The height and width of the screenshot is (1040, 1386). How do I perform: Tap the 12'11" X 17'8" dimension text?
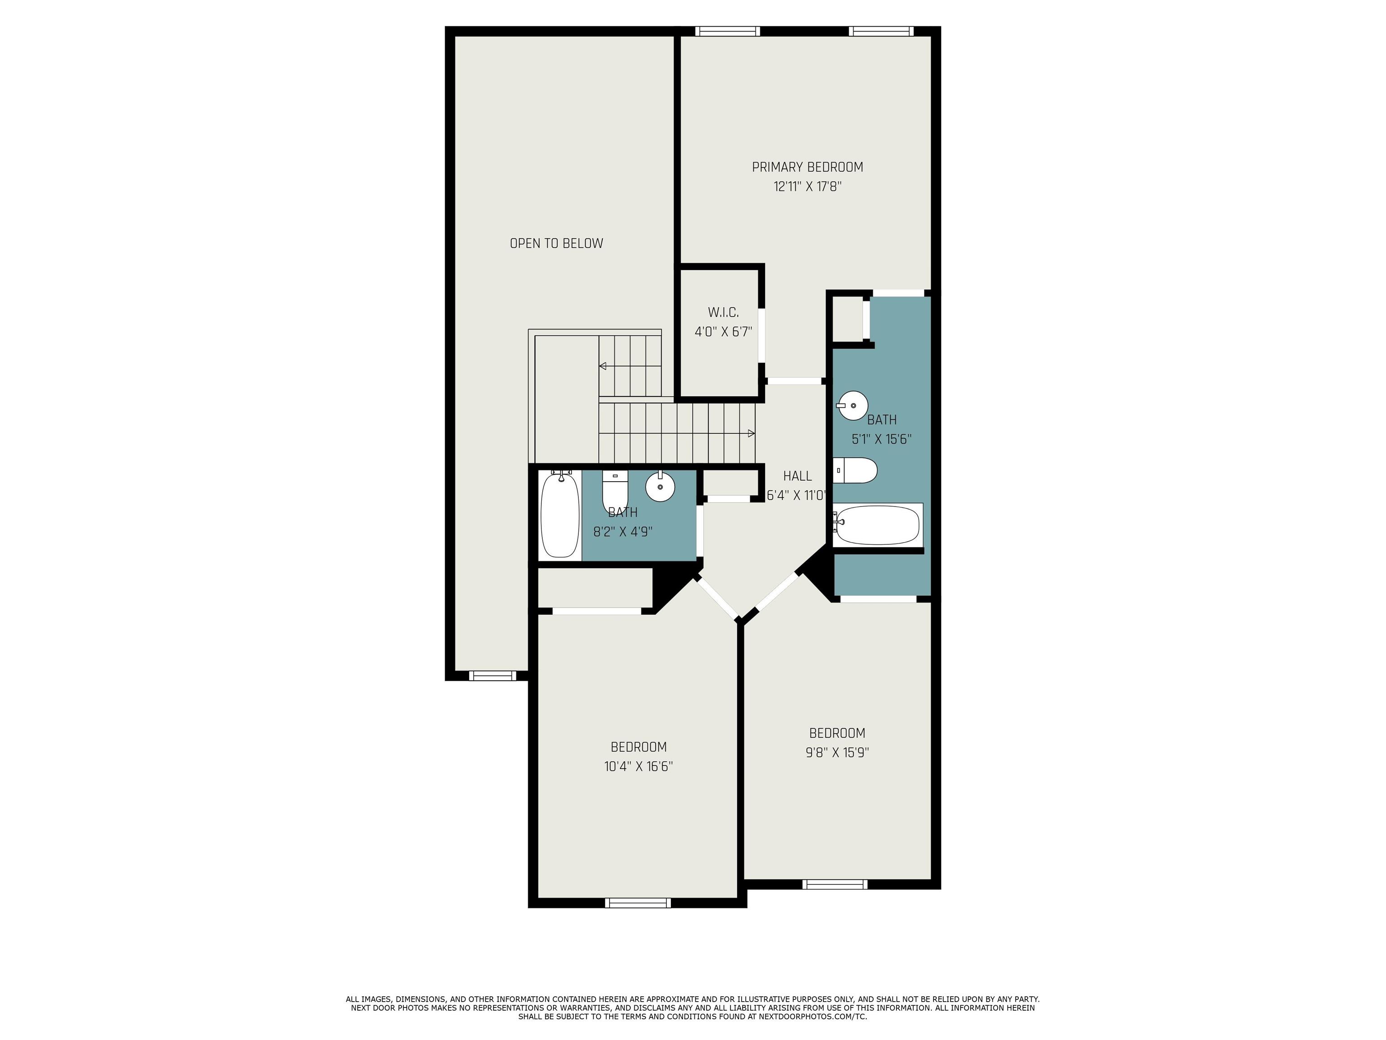coord(807,186)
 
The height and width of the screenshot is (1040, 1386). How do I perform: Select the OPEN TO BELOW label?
coord(556,243)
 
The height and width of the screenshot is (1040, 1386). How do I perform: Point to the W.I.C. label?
coord(723,312)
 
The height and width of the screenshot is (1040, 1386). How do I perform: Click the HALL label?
coord(797,476)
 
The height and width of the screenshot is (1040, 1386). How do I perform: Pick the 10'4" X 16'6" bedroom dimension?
coord(638,766)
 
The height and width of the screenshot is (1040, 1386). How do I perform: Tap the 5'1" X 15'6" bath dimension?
coord(881,439)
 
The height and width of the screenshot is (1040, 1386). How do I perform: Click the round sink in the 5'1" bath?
coord(852,406)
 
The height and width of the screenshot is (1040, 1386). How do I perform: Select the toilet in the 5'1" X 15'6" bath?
coord(855,470)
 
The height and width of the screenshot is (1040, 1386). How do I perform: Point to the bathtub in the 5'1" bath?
coord(877,525)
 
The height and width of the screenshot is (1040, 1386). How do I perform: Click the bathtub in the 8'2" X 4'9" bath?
coord(559,514)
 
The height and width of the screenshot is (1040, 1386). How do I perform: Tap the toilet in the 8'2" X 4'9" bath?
coord(614,491)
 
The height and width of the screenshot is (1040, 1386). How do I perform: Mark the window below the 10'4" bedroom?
coord(638,903)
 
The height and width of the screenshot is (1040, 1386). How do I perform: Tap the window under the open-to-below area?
coord(493,675)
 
